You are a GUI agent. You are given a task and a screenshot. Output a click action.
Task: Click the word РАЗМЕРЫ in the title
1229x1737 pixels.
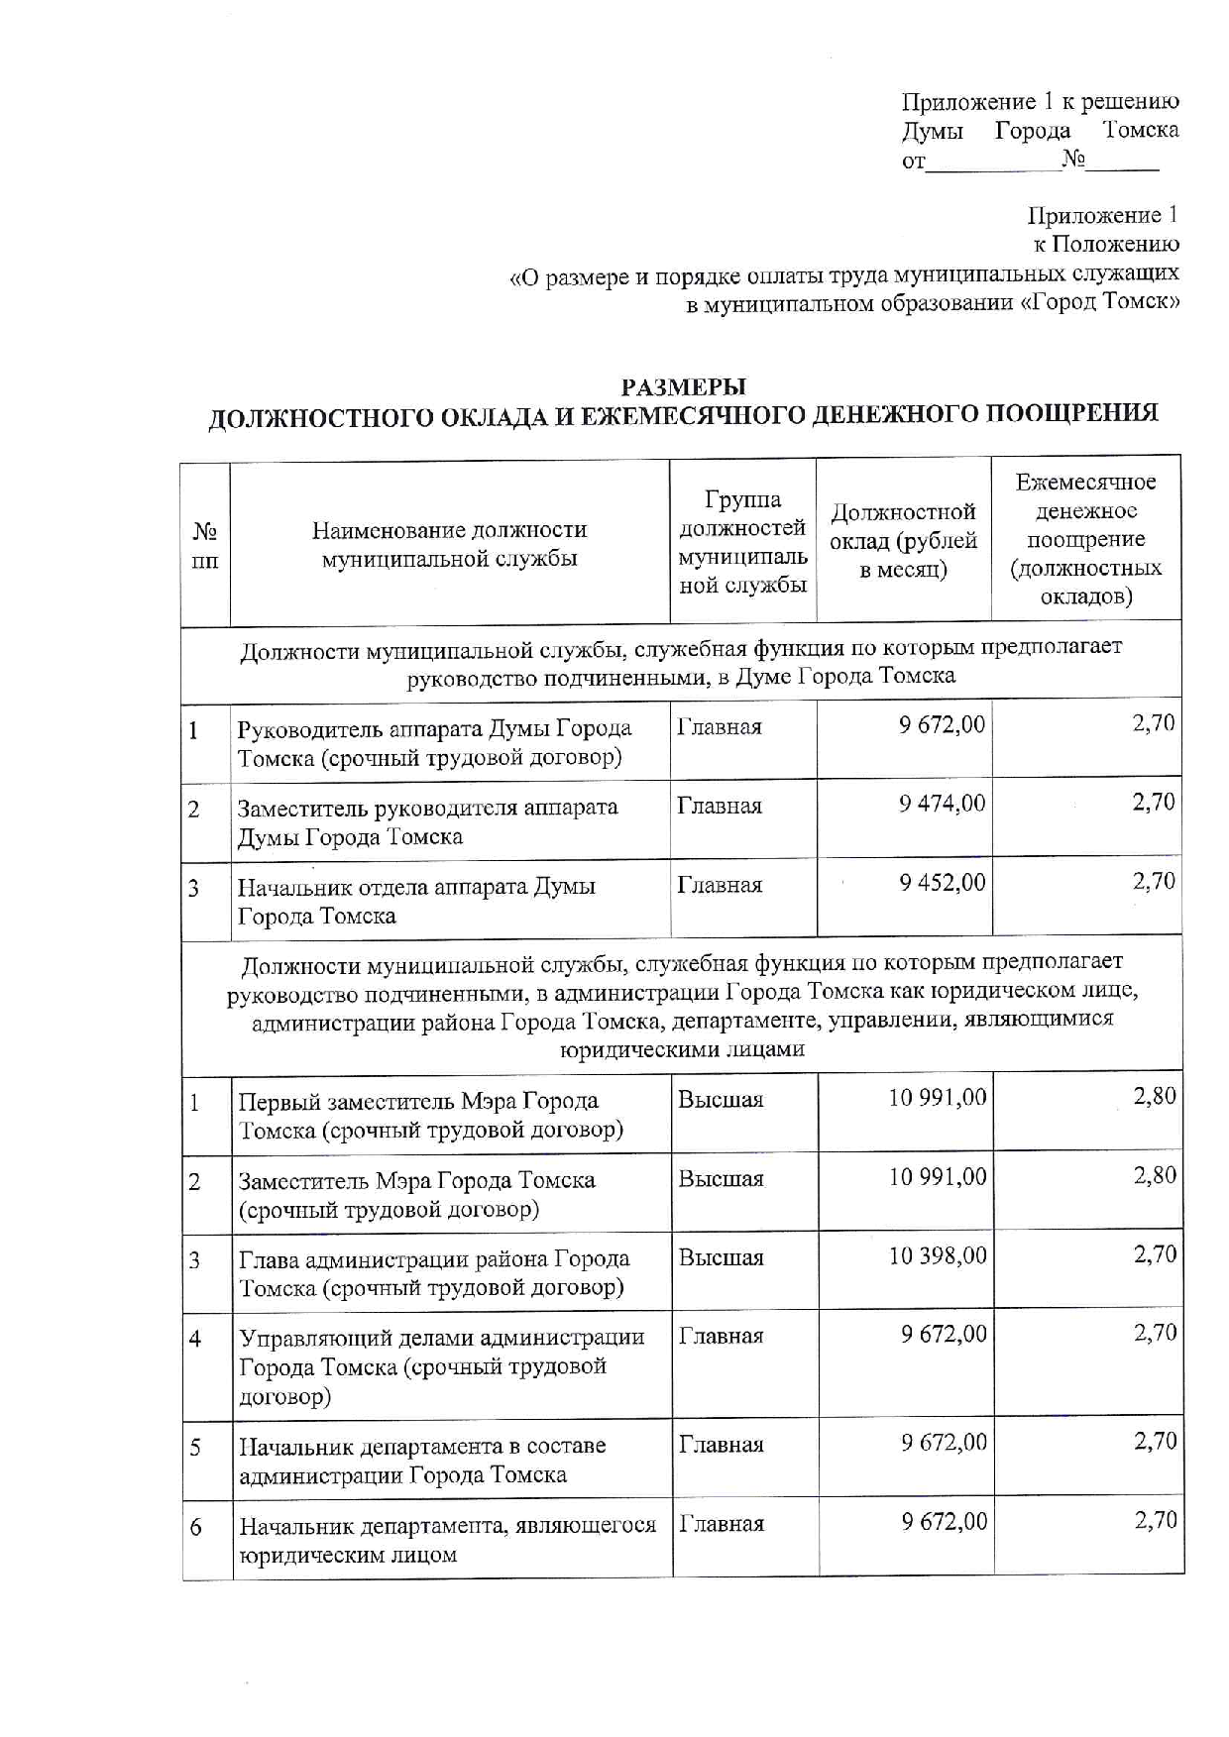(683, 386)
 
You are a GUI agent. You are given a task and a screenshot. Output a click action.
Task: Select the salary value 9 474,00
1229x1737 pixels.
(942, 804)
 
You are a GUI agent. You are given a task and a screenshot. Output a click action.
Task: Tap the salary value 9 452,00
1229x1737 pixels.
(942, 883)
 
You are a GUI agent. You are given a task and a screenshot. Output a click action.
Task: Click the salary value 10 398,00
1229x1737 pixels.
(938, 1256)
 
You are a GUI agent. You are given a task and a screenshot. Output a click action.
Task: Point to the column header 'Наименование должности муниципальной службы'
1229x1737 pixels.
(449, 544)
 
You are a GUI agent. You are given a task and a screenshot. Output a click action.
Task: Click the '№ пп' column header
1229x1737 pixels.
(205, 546)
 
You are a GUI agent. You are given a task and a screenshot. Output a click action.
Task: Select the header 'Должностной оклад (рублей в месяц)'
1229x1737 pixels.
(903, 540)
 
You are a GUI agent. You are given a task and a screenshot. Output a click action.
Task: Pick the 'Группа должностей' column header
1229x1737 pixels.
(742, 541)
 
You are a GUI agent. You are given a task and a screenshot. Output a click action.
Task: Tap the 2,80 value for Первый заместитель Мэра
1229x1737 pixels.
(1155, 1097)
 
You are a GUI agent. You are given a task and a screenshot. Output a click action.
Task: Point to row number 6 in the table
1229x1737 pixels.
(196, 1527)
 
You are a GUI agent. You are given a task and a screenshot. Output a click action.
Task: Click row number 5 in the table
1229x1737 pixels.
(196, 1448)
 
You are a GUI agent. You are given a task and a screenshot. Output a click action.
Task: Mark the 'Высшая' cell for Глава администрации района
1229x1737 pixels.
(722, 1258)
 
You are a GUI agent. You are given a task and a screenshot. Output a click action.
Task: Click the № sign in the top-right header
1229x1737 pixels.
(1072, 159)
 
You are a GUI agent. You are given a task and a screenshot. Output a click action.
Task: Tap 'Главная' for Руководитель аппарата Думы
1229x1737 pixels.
(720, 727)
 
